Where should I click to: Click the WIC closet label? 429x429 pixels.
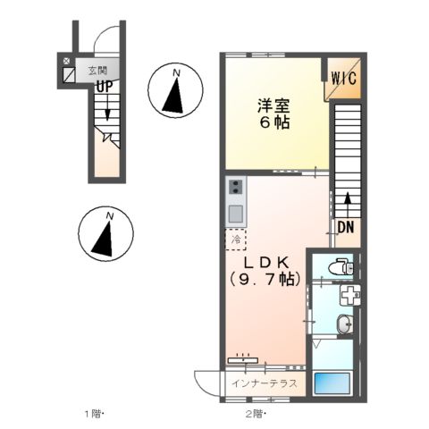[344, 77]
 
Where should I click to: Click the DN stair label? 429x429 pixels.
[346, 228]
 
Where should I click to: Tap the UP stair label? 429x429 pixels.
[104, 87]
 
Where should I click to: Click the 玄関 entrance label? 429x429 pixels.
[96, 69]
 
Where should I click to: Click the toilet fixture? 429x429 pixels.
[339, 266]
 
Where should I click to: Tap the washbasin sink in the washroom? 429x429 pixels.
[344, 324]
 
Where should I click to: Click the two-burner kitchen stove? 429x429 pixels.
[235, 188]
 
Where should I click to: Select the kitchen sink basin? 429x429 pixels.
[235, 213]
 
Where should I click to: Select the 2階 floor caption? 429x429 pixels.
[255, 414]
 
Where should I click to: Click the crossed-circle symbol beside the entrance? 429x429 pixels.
[67, 62]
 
